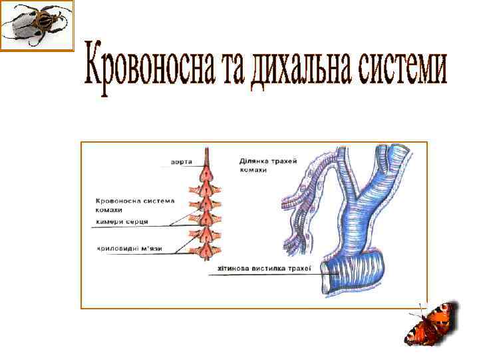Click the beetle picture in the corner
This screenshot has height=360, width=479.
37,25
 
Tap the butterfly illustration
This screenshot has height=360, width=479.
432,325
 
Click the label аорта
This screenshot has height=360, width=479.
182,162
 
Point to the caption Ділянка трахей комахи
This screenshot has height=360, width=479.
267,165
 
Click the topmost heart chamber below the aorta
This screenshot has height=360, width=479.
208,176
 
